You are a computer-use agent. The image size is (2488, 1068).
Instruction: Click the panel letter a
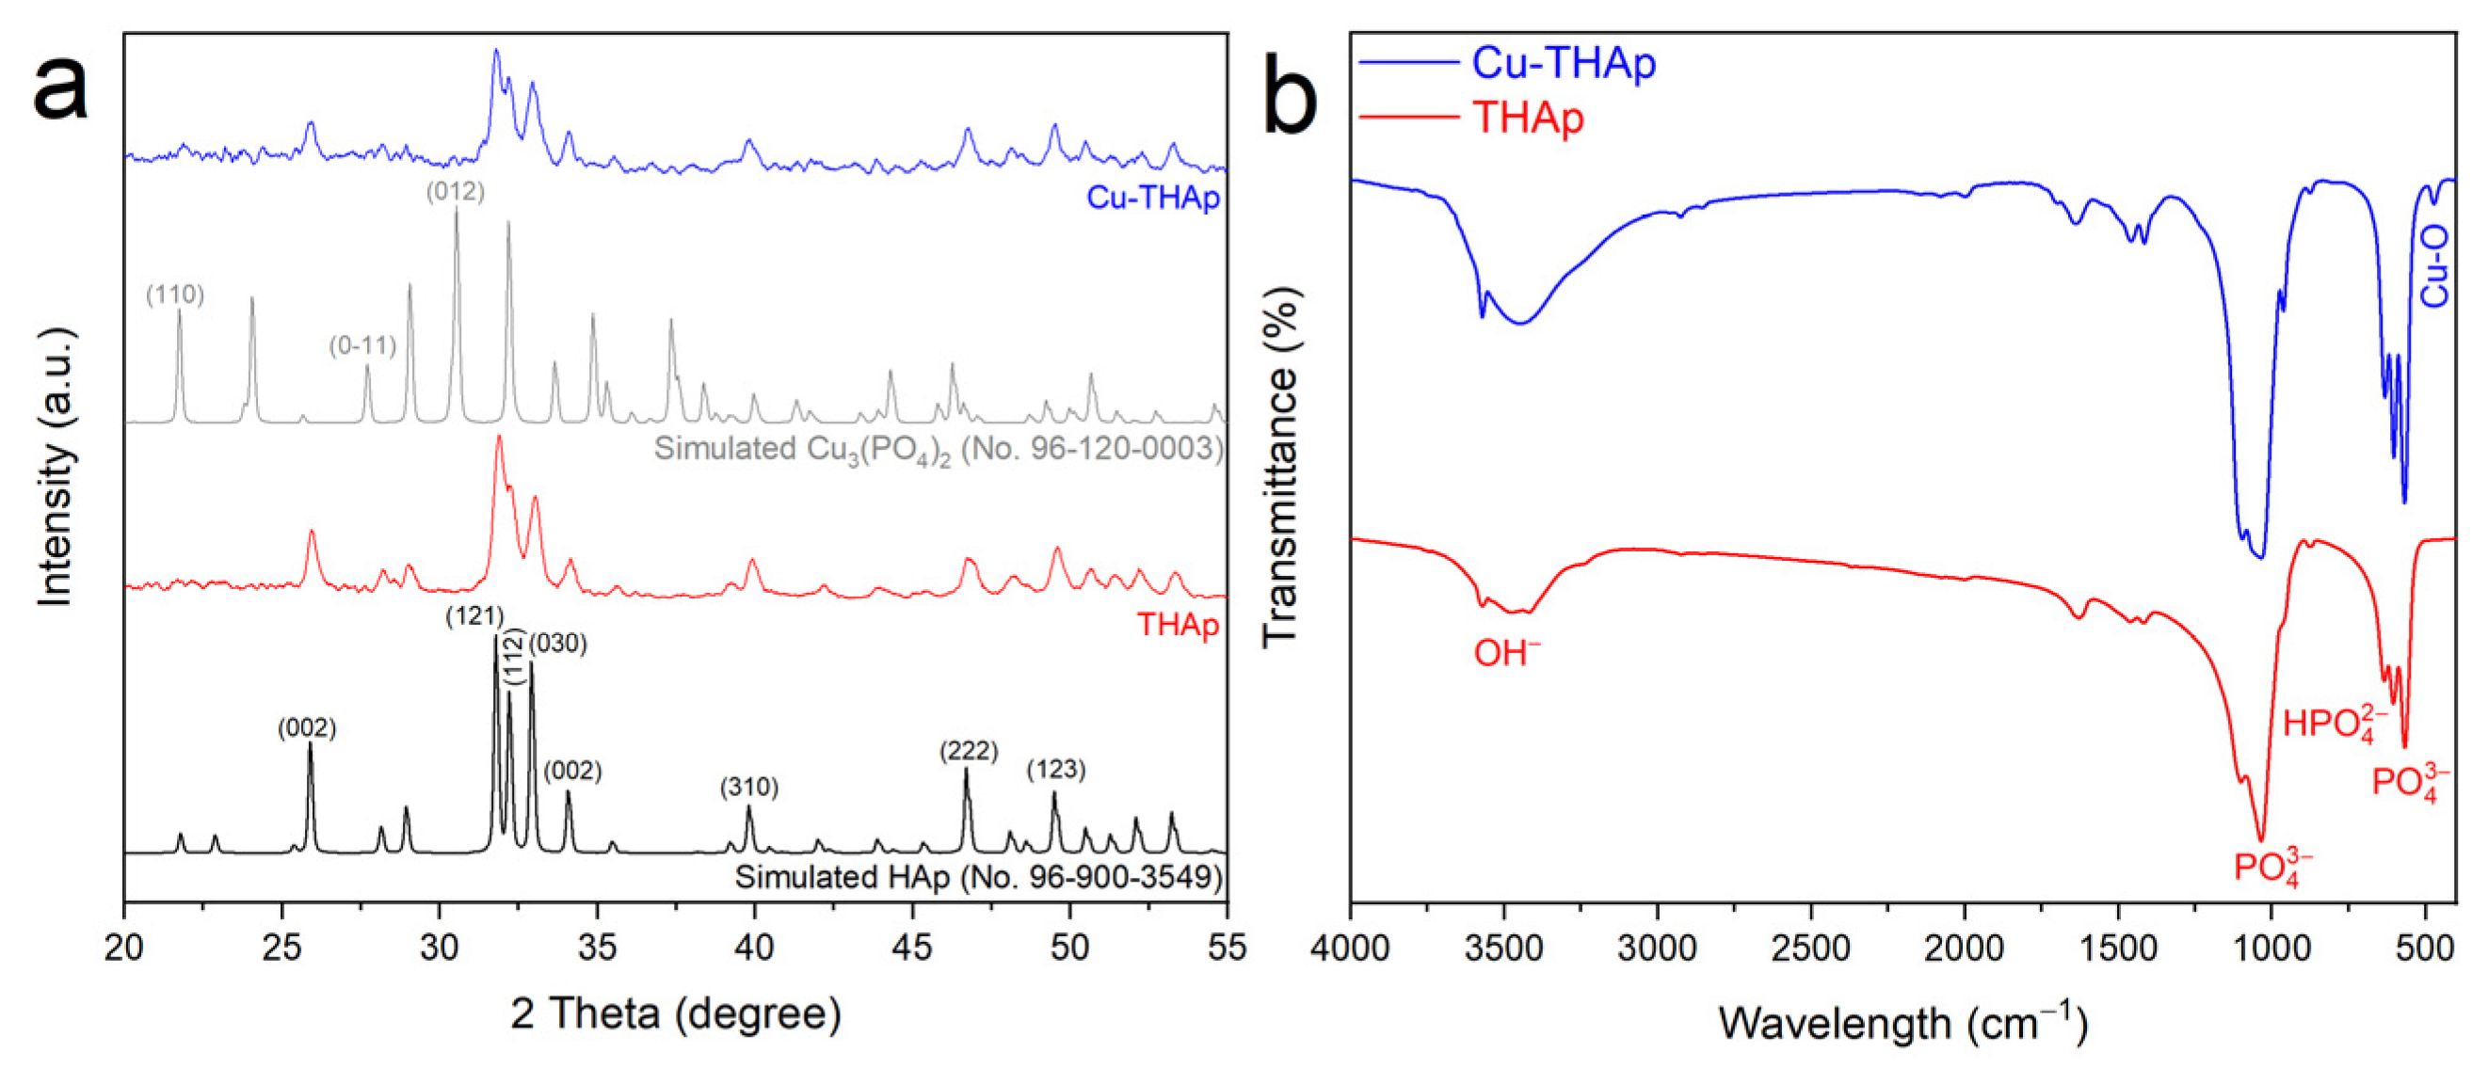(60, 87)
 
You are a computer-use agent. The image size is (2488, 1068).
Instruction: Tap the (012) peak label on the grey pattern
(455, 191)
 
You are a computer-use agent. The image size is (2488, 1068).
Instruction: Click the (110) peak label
(175, 295)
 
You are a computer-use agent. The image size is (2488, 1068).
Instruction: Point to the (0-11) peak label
(362, 345)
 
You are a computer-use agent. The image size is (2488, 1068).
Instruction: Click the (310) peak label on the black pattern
(748, 787)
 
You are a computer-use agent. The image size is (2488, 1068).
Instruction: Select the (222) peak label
(968, 750)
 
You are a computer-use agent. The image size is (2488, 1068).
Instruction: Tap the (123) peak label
(1055, 770)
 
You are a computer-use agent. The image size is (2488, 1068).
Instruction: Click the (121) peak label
(474, 616)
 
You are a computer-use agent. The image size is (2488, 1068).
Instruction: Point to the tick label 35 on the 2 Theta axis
(596, 948)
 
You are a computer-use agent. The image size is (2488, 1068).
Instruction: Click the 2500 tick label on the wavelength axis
(1810, 948)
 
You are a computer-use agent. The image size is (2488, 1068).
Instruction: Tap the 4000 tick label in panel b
(1350, 948)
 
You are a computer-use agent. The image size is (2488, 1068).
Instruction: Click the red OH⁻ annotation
(1506, 654)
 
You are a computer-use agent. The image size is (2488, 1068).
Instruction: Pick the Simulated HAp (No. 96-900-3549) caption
(977, 877)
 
